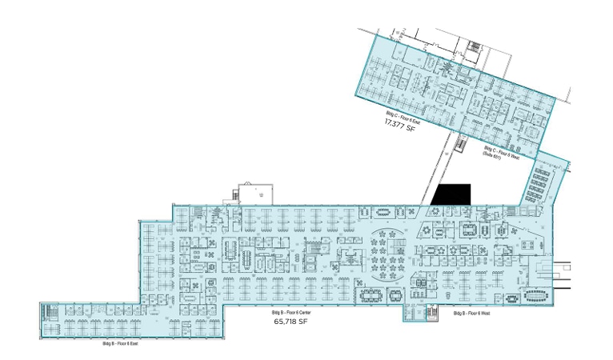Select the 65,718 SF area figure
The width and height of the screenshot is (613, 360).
tap(290, 322)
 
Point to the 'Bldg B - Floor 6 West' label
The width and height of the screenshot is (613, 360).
tap(471, 313)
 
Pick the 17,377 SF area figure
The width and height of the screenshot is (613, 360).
tap(400, 126)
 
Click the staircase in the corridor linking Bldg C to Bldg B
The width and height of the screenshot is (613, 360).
tap(461, 146)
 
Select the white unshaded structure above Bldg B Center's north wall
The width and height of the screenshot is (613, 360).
tap(254, 193)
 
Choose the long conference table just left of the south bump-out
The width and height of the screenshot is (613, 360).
tap(372, 295)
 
